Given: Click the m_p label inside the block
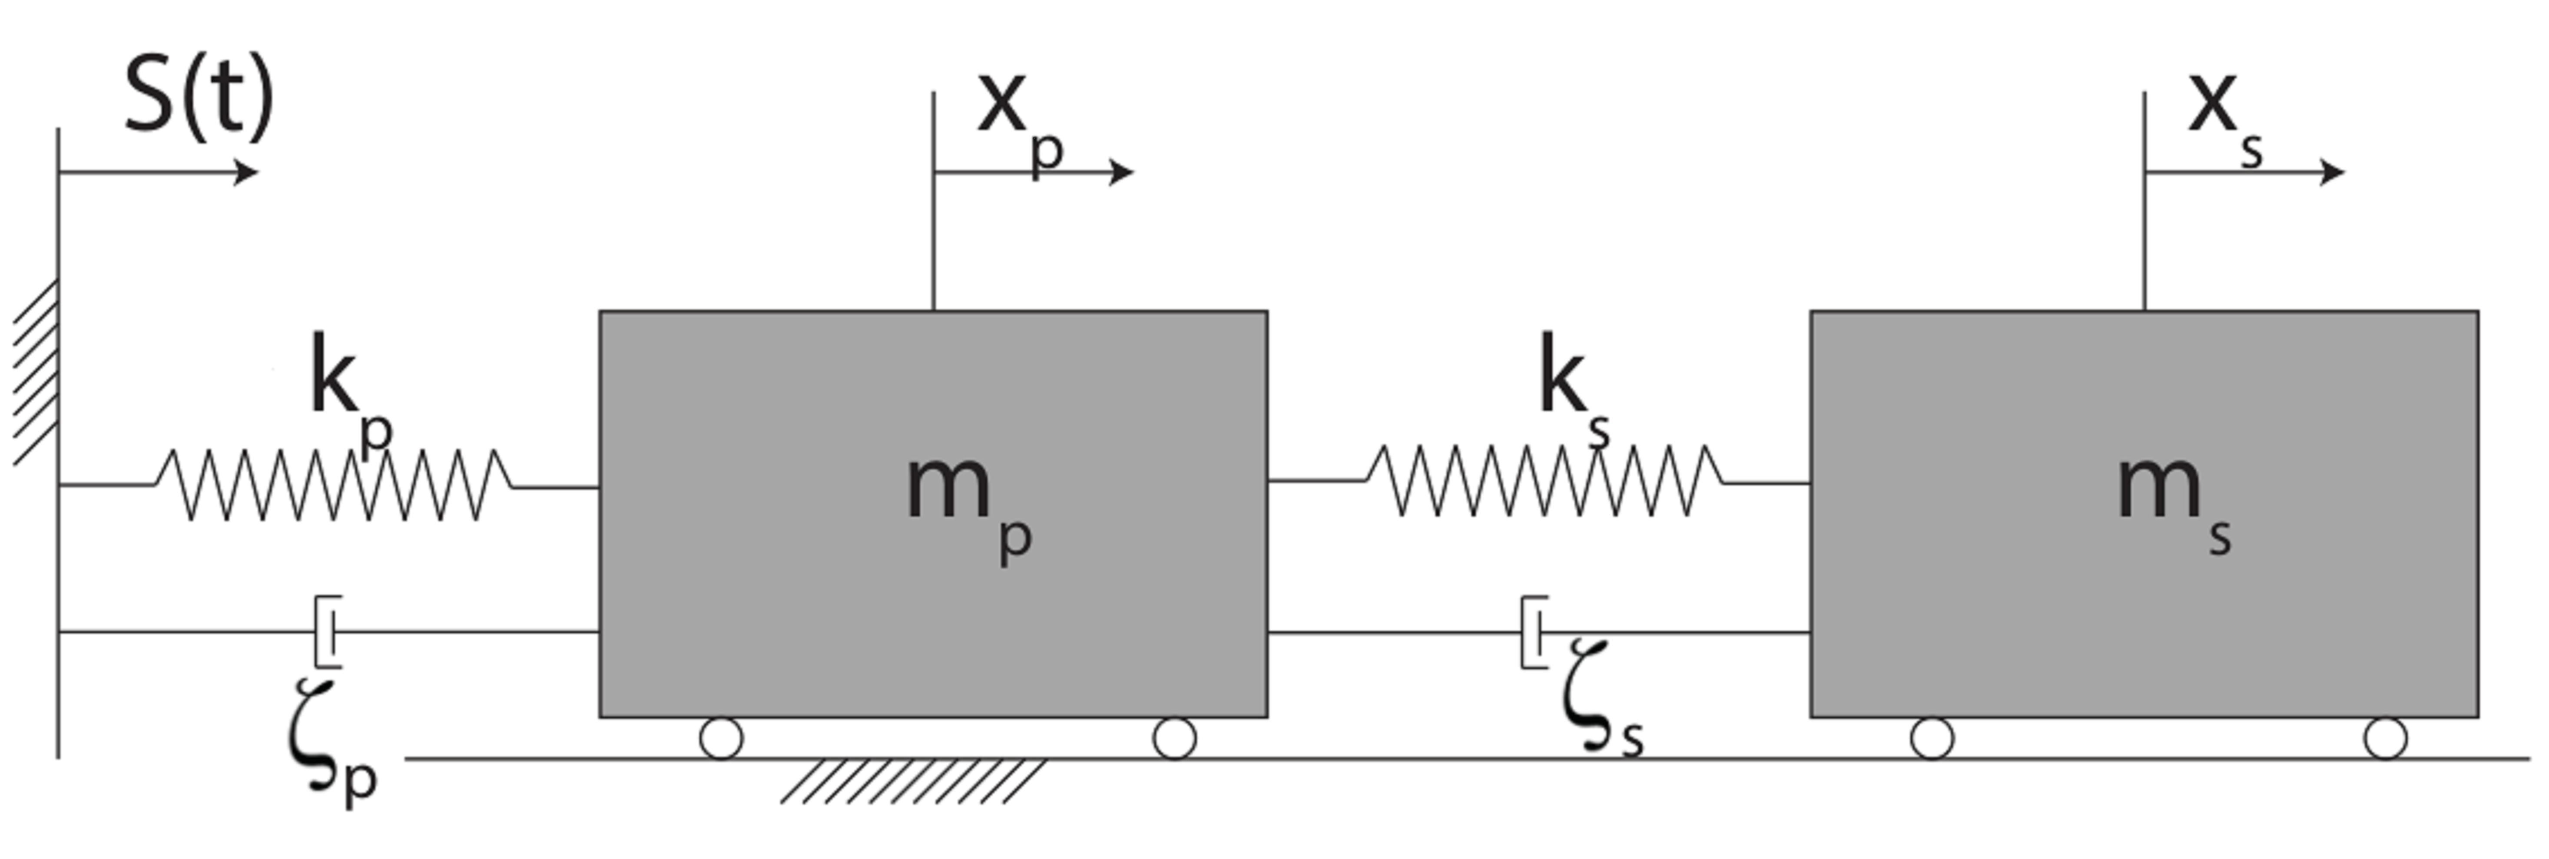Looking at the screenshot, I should click(x=968, y=505).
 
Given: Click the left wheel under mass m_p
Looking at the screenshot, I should click(x=721, y=738).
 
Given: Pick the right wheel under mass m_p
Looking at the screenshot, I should click(x=1174, y=738).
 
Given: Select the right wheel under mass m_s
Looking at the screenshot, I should click(x=2386, y=738).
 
